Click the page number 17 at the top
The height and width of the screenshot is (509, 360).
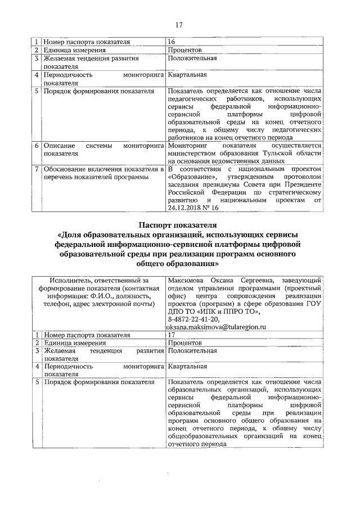click(180, 24)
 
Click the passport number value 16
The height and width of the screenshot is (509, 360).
click(172, 42)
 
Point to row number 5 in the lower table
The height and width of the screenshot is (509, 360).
click(37, 382)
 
